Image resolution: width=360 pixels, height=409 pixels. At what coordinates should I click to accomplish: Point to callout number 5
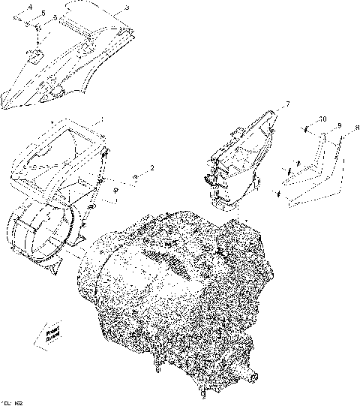click(43, 14)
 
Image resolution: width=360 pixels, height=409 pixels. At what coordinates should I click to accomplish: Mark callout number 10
click(322, 119)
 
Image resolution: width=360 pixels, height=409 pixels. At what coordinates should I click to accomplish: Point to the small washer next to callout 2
click(135, 178)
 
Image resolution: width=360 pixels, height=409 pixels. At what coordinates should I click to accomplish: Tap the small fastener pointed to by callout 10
click(307, 130)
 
